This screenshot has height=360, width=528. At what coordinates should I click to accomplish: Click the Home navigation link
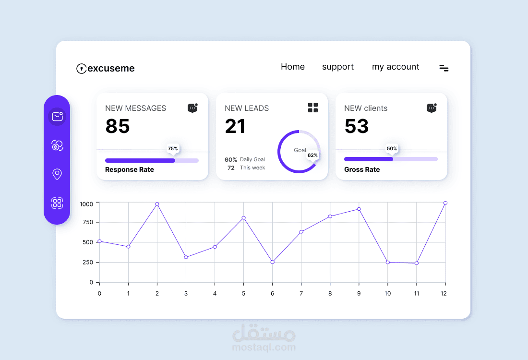coord(293,67)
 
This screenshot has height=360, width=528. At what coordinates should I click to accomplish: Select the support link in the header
coord(338,67)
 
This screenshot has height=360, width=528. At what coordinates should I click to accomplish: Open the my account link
coord(396,67)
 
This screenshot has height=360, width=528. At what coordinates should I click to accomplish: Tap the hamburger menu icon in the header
coord(444,68)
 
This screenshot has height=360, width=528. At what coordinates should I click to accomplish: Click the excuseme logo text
coord(111,68)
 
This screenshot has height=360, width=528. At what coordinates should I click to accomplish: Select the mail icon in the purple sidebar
coord(57,117)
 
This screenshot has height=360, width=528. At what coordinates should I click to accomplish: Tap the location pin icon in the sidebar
coord(57,174)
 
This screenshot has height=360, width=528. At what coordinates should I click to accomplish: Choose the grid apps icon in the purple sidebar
coord(57,203)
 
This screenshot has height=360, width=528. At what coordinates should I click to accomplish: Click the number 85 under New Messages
coord(118,126)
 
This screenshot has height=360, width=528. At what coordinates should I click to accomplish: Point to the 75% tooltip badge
coord(173,148)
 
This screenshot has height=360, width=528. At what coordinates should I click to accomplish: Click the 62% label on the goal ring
coord(312,155)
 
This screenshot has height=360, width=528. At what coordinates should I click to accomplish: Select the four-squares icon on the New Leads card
coord(313,108)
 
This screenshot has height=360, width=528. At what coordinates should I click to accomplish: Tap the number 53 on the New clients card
coord(357,126)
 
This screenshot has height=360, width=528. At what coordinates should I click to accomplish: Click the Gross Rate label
coord(362,169)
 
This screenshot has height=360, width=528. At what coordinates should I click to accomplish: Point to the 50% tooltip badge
coord(392,148)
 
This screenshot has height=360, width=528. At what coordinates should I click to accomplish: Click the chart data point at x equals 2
coord(157,204)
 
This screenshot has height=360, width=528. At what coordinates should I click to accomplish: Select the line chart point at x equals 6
coord(273,262)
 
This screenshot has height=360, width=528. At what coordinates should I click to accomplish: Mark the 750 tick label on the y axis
coord(87,222)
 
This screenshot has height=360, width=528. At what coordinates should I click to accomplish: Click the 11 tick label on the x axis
coord(417,294)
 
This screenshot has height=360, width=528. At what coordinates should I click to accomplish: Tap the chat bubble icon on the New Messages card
coord(192,108)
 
